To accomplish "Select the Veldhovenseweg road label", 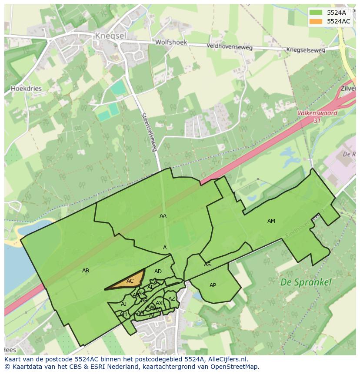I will pyautogui.click(x=224, y=46).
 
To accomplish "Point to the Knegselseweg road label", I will pyautogui.click(x=305, y=50).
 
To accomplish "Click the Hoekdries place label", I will pyautogui.click(x=26, y=88).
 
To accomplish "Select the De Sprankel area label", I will pyautogui.click(x=306, y=282).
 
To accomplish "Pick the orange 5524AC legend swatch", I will pyautogui.click(x=316, y=21).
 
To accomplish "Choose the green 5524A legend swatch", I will pyautogui.click(x=316, y=13).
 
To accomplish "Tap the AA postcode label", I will pyautogui.click(x=163, y=216).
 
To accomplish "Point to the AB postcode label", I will pyautogui.click(x=86, y=271).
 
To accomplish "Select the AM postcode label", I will pyautogui.click(x=271, y=221).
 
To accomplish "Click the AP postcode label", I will pyautogui.click(x=213, y=285).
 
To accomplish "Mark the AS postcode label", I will pyautogui.click(x=207, y=265).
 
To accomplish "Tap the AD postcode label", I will pyautogui.click(x=158, y=271).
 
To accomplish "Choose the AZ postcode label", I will pyautogui.click(x=172, y=299).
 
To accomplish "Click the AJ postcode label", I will pyautogui.click(x=124, y=304).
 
